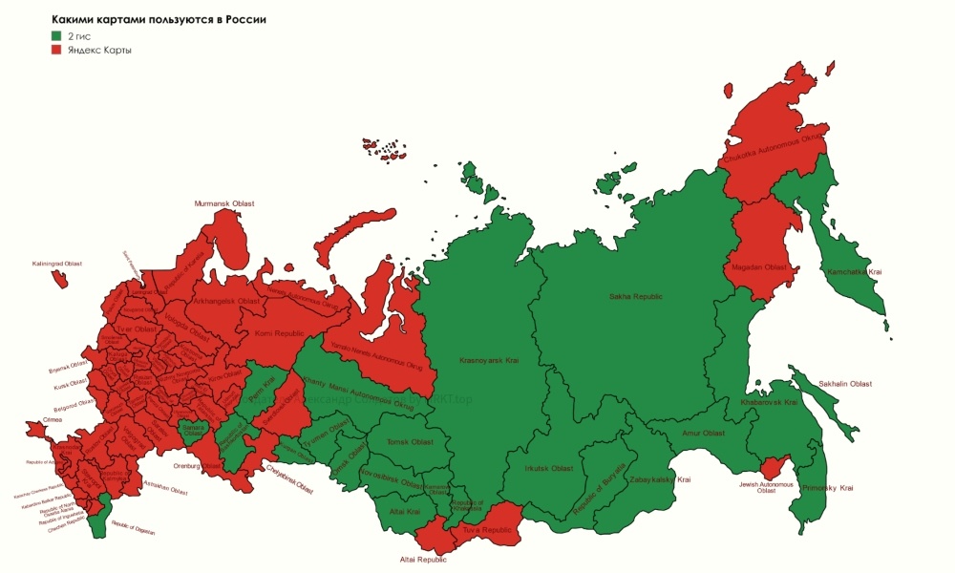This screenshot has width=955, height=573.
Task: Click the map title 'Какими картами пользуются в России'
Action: (159, 19)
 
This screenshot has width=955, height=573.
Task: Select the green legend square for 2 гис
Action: (56, 35)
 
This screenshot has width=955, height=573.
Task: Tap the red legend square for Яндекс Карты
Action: (56, 50)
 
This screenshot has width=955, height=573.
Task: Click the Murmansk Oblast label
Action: (224, 203)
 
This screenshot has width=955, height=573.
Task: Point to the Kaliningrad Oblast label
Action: (57, 264)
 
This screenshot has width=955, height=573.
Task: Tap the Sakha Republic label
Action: (635, 297)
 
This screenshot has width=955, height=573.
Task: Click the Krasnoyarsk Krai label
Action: (489, 361)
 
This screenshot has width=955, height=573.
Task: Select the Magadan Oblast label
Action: (760, 267)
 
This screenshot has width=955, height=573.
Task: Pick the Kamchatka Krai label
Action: (854, 272)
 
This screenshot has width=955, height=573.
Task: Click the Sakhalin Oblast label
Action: (845, 383)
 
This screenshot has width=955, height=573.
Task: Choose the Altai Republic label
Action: (423, 561)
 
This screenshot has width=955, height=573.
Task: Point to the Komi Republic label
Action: (278, 333)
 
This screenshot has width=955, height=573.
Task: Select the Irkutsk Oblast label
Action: (549, 469)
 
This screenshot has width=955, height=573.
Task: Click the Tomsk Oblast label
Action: (410, 442)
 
